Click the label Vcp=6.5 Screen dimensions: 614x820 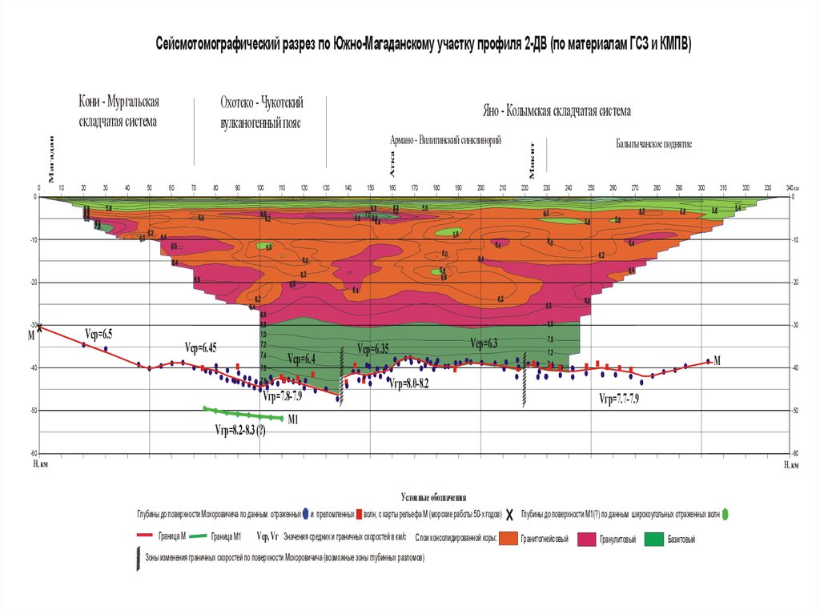point(98,333)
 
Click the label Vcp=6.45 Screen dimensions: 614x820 point(200,347)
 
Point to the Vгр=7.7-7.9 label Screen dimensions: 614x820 point(619,398)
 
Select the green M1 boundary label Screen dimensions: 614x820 point(293,419)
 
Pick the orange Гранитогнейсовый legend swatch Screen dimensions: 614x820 point(508,539)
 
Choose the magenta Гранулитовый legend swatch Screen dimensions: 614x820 point(586,539)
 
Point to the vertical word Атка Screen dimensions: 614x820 point(392,164)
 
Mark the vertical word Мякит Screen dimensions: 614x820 point(532,159)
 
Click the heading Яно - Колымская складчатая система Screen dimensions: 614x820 point(557,110)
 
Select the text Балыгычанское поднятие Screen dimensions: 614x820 point(653,144)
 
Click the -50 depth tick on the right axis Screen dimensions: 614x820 point(794,411)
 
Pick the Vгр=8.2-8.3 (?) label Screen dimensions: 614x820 point(240,430)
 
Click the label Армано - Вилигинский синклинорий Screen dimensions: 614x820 point(445,140)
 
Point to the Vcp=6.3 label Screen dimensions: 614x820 point(484,343)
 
